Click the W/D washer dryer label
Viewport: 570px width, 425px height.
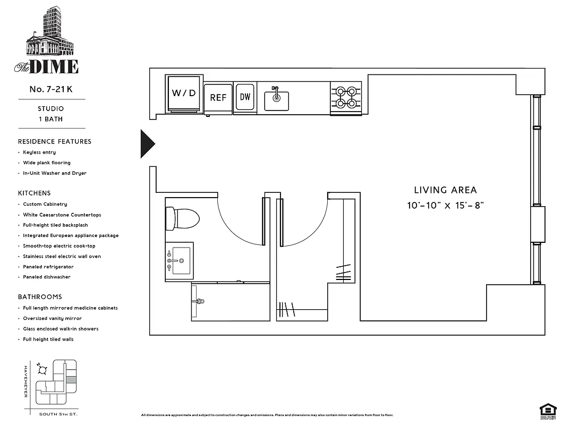point(184,93)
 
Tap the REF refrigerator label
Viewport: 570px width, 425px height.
point(218,98)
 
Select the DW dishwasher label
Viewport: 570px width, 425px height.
point(245,97)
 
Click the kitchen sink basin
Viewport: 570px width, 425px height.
point(276,100)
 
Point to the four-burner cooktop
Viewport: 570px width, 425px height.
point(346,97)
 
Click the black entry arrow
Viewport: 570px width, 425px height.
point(147,143)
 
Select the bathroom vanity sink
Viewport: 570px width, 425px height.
point(179,261)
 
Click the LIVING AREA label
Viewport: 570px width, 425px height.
point(445,190)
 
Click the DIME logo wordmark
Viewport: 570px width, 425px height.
point(53,66)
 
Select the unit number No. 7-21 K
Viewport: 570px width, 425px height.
point(51,89)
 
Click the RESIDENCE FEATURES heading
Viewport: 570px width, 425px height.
point(55,141)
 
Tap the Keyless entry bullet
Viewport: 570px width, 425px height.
point(39,152)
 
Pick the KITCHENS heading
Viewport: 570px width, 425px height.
point(35,193)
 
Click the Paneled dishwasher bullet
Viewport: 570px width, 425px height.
point(47,277)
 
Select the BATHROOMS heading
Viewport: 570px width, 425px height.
point(40,297)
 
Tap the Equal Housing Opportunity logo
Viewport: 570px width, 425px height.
point(548,410)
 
